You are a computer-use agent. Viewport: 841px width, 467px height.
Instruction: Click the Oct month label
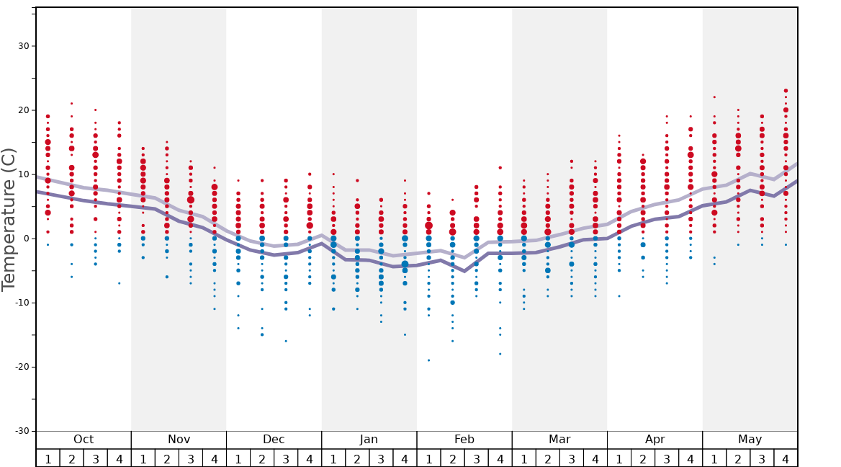[84, 440]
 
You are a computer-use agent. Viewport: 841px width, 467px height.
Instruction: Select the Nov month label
[179, 440]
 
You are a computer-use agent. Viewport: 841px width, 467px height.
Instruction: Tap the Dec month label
[274, 440]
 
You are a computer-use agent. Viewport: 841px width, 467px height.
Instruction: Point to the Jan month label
[369, 440]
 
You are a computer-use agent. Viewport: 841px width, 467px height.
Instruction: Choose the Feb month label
[464, 440]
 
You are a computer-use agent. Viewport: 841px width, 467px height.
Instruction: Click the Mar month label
[559, 440]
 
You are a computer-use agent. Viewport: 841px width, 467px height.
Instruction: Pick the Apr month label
[655, 440]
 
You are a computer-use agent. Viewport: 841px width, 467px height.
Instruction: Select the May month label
[750, 440]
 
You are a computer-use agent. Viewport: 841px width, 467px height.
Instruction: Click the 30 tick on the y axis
[22, 46]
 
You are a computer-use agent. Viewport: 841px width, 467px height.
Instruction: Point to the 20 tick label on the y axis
[22, 110]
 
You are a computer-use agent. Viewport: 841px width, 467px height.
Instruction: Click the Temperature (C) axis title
[9, 219]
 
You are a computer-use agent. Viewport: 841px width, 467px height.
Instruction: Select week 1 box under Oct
[48, 458]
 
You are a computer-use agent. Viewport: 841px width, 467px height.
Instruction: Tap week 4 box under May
[786, 458]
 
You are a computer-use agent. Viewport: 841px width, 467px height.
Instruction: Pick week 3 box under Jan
[381, 458]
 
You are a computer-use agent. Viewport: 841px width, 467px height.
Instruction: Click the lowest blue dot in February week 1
[428, 360]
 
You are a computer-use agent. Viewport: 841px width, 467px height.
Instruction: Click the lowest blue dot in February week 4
[500, 354]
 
